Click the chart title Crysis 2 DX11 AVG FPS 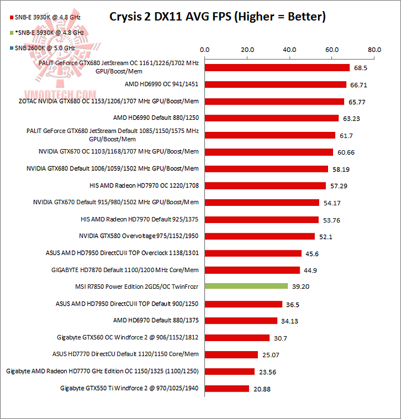tap(217, 17)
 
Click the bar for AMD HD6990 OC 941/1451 tap(276, 85)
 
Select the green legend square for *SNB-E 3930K tap(4, 33)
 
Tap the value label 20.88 tap(262, 389)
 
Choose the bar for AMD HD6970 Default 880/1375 tap(241, 320)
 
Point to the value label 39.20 tap(301, 287)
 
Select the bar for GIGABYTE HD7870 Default tap(252, 270)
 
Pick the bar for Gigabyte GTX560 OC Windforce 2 tap(237, 337)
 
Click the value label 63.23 tap(352, 119)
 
